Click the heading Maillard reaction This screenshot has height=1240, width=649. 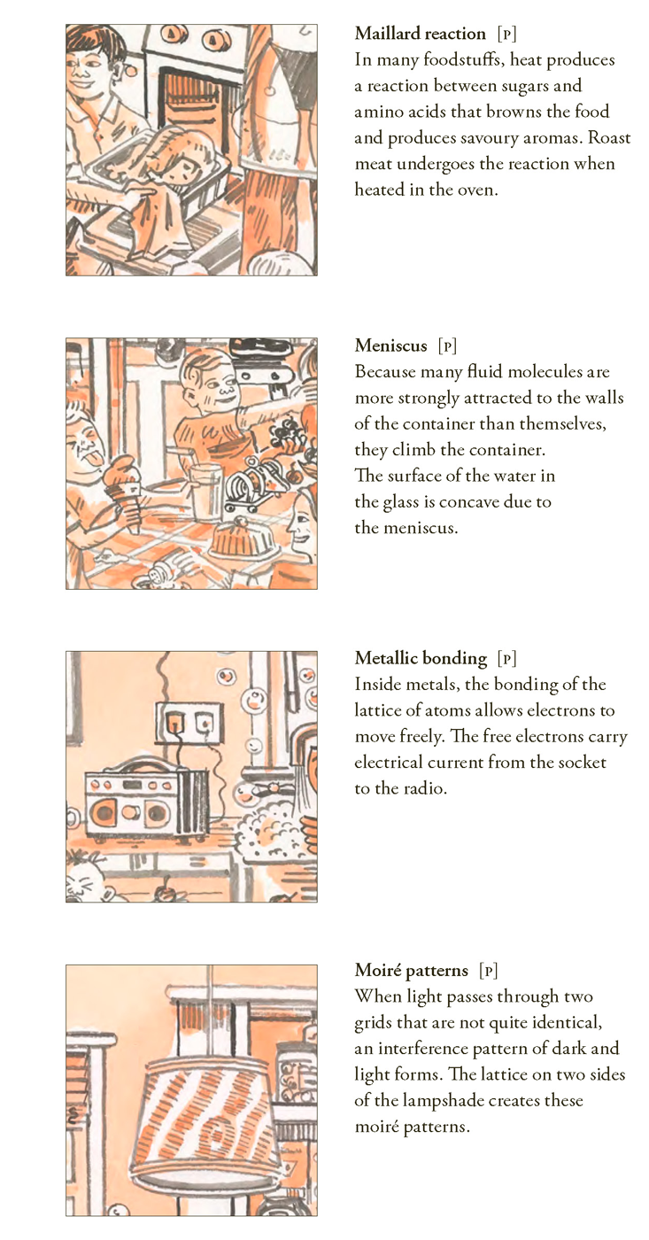420,34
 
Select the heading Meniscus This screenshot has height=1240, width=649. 390,346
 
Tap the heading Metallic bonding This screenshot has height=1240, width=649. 421,658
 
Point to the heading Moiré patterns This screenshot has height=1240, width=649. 411,971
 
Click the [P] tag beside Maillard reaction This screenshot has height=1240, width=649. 506,35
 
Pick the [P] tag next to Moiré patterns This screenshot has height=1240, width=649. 489,971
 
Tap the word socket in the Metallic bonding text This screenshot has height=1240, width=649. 582,763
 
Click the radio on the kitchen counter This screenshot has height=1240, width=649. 147,802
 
